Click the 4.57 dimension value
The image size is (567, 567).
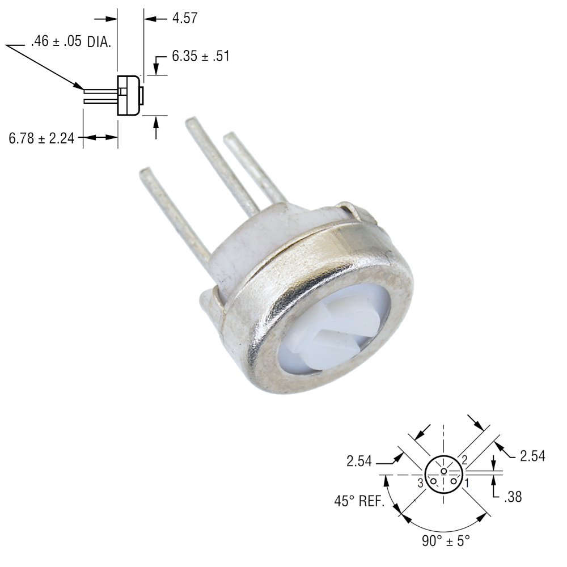[x=185, y=18]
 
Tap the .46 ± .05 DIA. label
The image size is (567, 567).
[x=71, y=41]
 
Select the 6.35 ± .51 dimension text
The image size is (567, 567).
[x=200, y=56]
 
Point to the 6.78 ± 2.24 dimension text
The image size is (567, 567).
[x=41, y=138]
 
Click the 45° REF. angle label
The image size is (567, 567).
[x=359, y=501]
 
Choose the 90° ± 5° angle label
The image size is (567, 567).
[x=446, y=540]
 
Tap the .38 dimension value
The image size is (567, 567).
[x=513, y=497]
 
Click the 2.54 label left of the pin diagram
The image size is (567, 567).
[x=359, y=461]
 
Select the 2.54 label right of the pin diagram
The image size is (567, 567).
[x=532, y=456]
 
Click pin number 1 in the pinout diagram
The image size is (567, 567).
[x=467, y=483]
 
